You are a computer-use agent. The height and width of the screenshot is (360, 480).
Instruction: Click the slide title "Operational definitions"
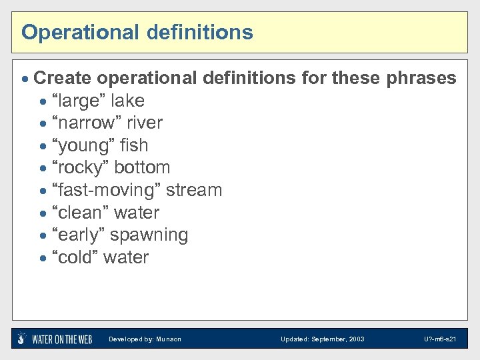137,32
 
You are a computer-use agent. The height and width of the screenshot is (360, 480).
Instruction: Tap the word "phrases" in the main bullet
421,78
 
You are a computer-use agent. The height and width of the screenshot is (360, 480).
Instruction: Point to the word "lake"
127,101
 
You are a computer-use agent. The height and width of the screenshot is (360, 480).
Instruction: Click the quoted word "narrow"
85,123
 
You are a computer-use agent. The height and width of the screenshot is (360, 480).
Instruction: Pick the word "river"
145,123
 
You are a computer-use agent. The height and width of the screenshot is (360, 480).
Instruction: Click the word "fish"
135,145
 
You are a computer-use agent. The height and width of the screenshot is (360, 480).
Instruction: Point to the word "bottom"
142,167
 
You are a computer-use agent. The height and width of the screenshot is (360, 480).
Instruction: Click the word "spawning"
149,235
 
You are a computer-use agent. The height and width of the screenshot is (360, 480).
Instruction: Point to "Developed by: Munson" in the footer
145,339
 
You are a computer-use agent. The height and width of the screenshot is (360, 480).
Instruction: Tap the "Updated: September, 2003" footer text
322,339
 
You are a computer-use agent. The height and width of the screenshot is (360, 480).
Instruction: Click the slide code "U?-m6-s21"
440,339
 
